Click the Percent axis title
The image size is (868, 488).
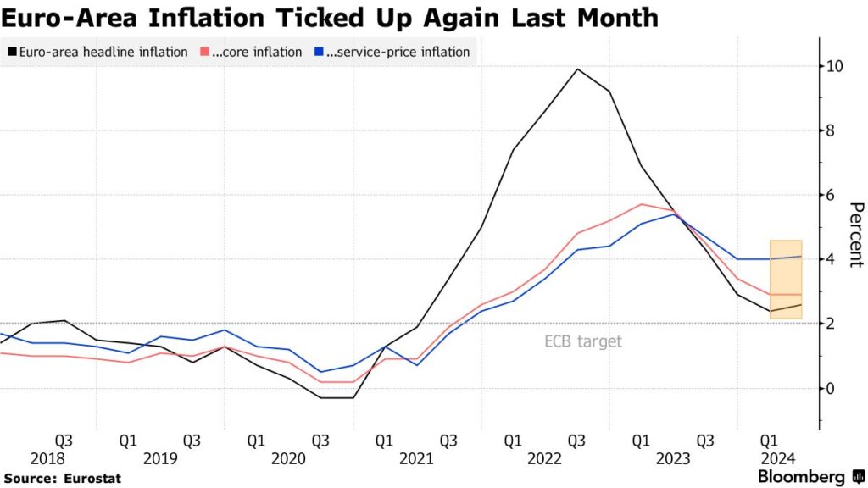click(x=855, y=235)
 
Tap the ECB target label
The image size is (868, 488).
click(x=583, y=341)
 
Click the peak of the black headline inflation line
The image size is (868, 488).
click(x=577, y=69)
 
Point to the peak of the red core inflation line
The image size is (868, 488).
click(x=642, y=204)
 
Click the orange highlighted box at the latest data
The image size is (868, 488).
click(x=785, y=280)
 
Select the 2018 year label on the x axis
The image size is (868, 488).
click(x=47, y=458)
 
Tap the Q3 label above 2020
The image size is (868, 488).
click(x=320, y=441)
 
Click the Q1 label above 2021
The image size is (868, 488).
click(x=384, y=441)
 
